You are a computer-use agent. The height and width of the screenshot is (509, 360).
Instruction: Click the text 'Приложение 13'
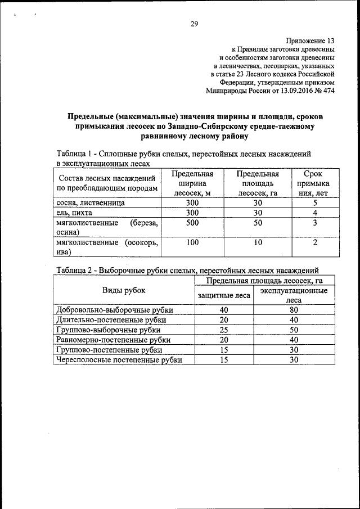[x=310, y=41]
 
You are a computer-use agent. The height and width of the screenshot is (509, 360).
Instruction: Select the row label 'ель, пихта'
[x=74, y=213]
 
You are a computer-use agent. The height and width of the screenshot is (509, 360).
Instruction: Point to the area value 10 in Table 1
[x=258, y=242]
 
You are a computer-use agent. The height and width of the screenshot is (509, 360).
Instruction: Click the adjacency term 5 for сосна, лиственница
[x=316, y=202]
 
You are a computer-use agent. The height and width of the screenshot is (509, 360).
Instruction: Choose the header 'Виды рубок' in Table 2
[x=124, y=290]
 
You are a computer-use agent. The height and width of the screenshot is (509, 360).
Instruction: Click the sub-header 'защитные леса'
[x=224, y=295]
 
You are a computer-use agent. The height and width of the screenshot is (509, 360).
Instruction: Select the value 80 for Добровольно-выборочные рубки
[x=293, y=310]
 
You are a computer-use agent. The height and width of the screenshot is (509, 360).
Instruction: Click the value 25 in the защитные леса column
[x=224, y=330]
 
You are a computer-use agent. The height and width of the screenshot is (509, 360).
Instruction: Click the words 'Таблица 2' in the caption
[x=74, y=270]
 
